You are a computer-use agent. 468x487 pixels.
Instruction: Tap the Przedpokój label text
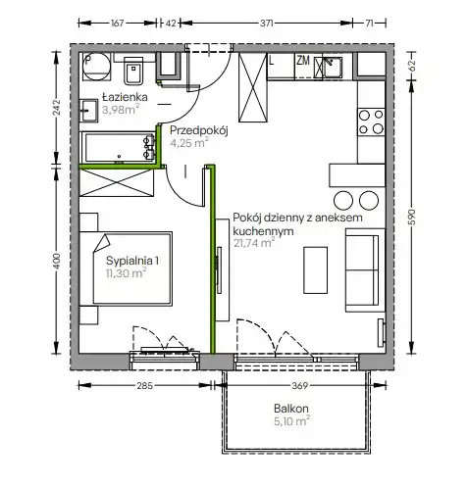tap(198, 130)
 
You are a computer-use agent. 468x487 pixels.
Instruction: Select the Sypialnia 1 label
tap(132, 261)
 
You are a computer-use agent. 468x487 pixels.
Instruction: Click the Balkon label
tap(291, 409)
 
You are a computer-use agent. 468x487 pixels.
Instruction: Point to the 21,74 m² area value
tap(254, 243)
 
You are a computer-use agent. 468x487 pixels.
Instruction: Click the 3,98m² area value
tap(121, 110)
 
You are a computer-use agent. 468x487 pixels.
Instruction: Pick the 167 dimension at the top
tap(117, 24)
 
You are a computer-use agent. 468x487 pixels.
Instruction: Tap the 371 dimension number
tap(267, 24)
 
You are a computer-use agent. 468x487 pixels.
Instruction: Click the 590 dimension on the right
tap(412, 217)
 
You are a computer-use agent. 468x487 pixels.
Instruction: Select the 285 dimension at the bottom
tap(145, 386)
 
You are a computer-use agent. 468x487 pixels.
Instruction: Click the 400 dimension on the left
tap(57, 262)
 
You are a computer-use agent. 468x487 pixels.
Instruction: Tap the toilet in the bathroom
tap(133, 71)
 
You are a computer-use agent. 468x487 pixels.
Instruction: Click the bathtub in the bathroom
tap(118, 147)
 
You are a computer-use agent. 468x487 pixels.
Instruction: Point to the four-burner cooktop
tap(371, 122)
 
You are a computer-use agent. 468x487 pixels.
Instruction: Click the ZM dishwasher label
tap(303, 61)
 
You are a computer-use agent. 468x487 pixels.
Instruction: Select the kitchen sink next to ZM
tap(328, 67)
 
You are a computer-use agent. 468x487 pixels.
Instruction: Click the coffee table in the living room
tap(315, 270)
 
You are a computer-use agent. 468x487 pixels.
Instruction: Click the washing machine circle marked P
tap(96, 67)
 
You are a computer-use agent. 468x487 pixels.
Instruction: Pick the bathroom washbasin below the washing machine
tap(89, 111)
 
